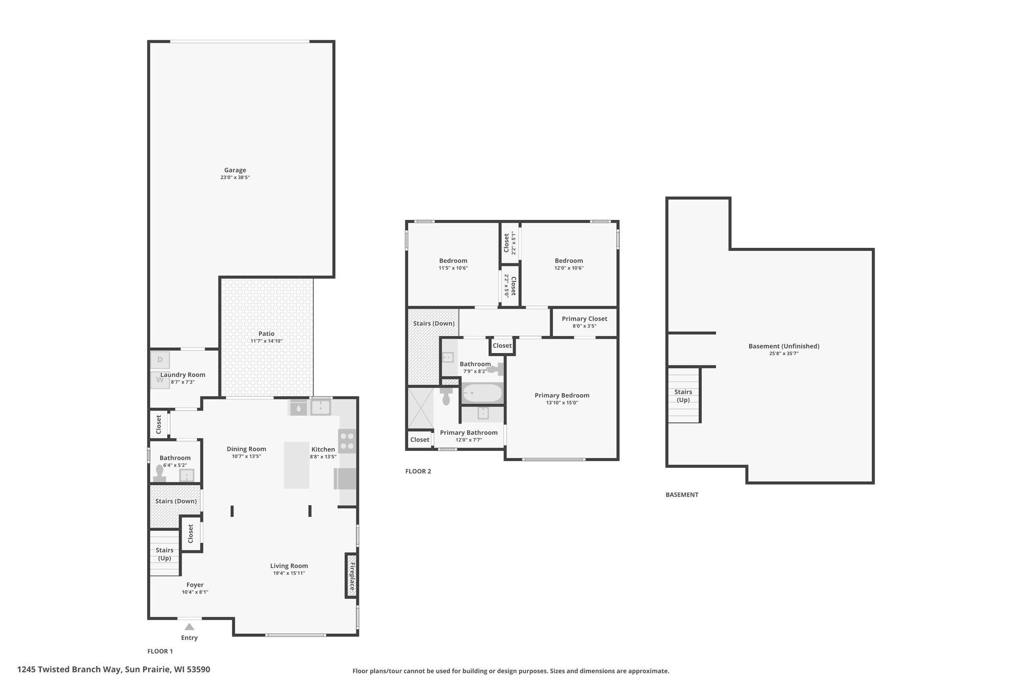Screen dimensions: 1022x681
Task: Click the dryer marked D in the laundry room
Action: (x=160, y=360)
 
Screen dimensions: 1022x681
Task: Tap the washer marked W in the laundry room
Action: (x=160, y=380)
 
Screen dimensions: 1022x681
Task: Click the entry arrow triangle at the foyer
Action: (x=189, y=627)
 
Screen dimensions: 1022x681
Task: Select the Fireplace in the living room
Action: (x=351, y=576)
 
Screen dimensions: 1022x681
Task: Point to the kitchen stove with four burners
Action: (x=348, y=441)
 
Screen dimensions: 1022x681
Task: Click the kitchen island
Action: (x=296, y=465)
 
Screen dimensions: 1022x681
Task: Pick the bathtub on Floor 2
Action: (x=482, y=393)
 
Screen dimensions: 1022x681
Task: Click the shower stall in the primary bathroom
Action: (x=421, y=408)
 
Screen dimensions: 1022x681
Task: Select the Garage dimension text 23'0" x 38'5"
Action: (x=235, y=177)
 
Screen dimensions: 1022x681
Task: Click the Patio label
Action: (x=266, y=334)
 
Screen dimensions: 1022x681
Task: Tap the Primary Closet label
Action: (x=584, y=319)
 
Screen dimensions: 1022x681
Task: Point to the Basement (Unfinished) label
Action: (x=784, y=346)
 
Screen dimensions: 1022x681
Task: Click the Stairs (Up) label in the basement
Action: (x=683, y=396)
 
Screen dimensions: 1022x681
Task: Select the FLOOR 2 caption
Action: (x=418, y=471)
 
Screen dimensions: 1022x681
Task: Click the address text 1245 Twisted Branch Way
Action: (x=69, y=669)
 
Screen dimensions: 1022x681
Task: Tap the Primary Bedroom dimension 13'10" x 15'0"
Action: (x=562, y=403)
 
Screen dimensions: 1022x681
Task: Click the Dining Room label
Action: (x=247, y=449)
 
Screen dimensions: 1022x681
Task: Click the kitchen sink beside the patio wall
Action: (x=320, y=408)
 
